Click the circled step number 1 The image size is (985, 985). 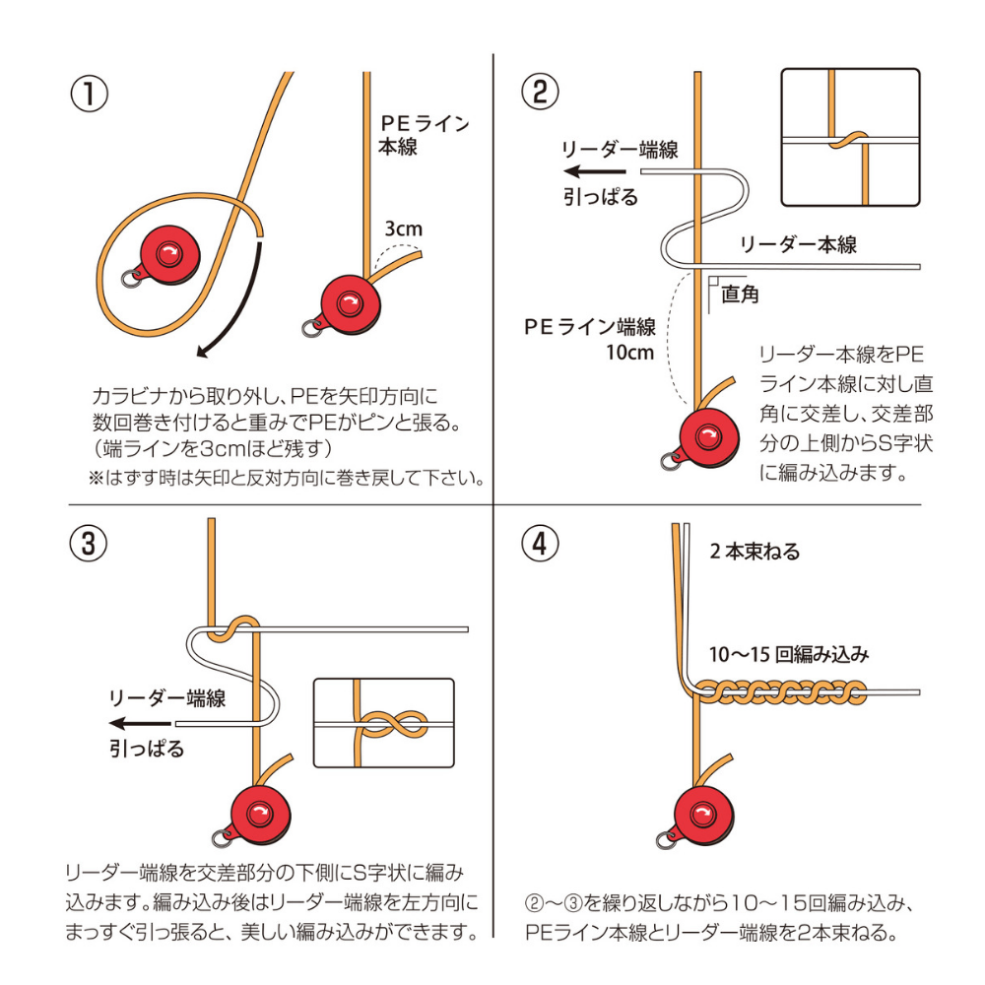pyautogui.click(x=89, y=95)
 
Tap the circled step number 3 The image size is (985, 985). pyautogui.click(x=89, y=545)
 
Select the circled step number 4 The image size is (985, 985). pyautogui.click(x=539, y=545)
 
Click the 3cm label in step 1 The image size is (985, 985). pyautogui.click(x=403, y=229)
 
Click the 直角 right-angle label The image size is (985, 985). pyautogui.click(x=740, y=294)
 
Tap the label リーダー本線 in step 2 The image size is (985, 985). pyautogui.click(x=798, y=244)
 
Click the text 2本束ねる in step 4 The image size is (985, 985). pyautogui.click(x=755, y=552)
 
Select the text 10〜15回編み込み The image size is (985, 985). pyautogui.click(x=790, y=654)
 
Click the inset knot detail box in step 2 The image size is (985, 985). pyautogui.click(x=849, y=137)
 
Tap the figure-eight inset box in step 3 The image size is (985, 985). pyautogui.click(x=383, y=723)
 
